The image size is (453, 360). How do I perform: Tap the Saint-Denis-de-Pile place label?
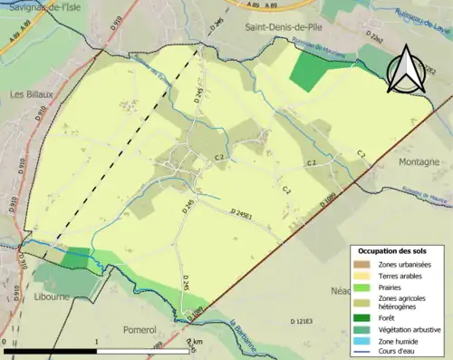point(277,29)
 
